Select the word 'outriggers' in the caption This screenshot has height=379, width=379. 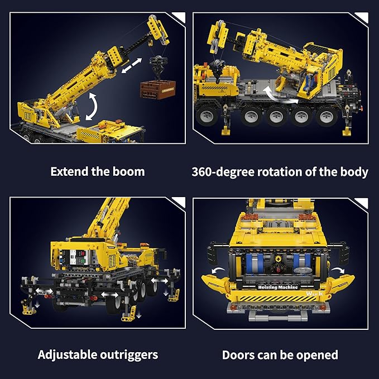point(129,355)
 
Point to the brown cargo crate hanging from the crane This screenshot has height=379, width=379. point(158,89)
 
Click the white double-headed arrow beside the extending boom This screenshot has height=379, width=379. point(132,65)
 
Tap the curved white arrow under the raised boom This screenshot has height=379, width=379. point(92,107)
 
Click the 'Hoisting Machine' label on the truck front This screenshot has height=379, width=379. point(278,287)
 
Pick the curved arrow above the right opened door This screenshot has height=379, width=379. point(338,270)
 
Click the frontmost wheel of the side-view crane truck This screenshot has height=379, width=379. point(207,116)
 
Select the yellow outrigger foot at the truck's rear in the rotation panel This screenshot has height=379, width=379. point(347,132)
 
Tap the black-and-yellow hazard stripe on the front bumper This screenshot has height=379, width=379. point(278,299)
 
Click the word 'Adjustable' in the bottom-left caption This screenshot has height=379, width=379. point(68,355)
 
